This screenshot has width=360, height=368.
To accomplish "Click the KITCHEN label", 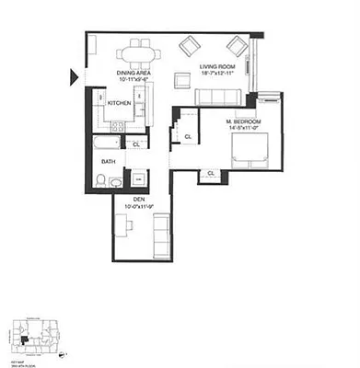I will coord(120,103).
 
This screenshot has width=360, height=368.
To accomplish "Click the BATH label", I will coord(109,162).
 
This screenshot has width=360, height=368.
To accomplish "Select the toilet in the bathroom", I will coord(115,182).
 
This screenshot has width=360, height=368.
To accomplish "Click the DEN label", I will coord(139,198).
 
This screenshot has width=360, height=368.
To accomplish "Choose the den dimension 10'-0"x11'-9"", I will coord(139,206).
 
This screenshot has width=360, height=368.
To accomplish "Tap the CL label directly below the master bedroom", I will coord(211,173).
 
